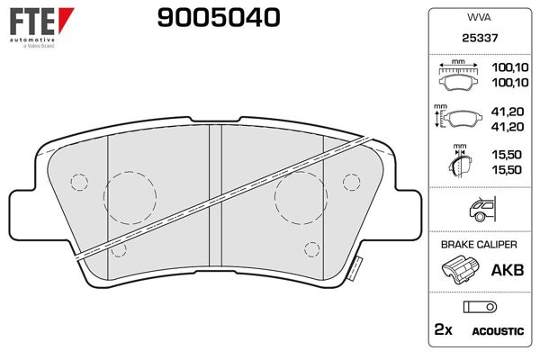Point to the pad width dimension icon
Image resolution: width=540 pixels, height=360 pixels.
click(x=459, y=76)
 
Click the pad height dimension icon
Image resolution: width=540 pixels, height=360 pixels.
click(x=459, y=120)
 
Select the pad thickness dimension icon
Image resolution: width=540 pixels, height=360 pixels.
click(x=459, y=162)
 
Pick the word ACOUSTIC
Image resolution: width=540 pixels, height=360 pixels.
click(x=498, y=331)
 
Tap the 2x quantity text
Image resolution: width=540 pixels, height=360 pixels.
click(x=444, y=330)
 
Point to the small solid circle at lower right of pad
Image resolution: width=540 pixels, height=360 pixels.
click(x=311, y=247)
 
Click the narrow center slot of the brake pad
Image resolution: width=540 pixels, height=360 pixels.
click(x=215, y=194)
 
